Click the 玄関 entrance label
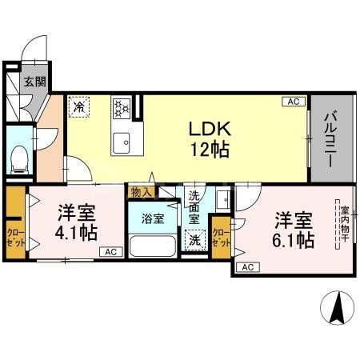pyautogui.click(x=33, y=82)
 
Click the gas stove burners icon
pyautogui.click(x=121, y=105)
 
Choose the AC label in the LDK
pyautogui.click(x=293, y=102)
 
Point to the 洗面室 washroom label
pyautogui.click(x=194, y=207)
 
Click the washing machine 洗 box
pyautogui.click(x=194, y=238)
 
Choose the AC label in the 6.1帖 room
pyautogui.click(x=246, y=267)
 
